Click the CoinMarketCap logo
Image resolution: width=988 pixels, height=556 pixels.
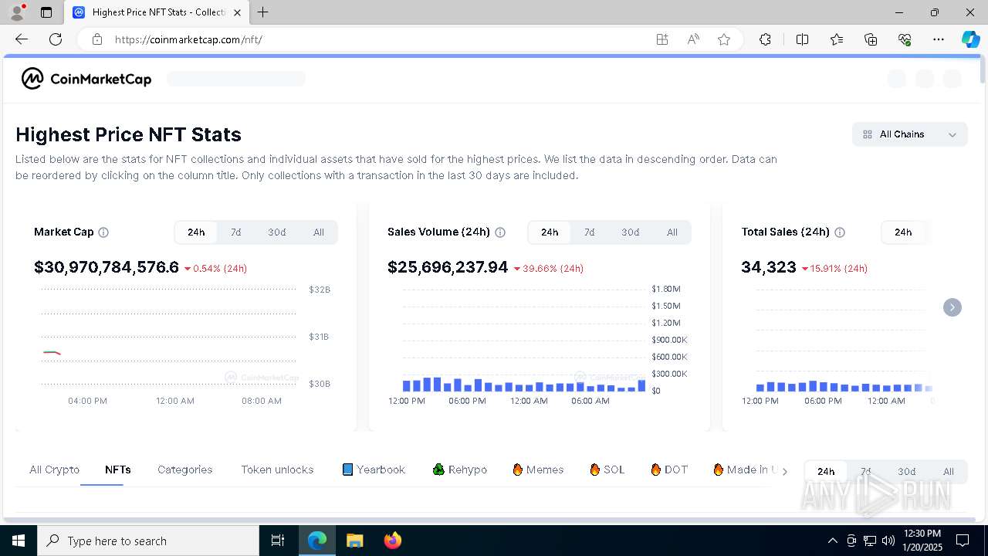(x=86, y=79)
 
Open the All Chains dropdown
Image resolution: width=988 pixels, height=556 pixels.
(x=910, y=134)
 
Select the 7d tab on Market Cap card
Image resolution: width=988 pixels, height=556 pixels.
(x=235, y=232)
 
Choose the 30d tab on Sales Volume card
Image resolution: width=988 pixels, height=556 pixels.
(x=630, y=232)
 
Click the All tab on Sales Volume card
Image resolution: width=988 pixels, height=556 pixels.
(x=672, y=232)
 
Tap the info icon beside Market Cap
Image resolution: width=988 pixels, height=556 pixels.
(x=103, y=232)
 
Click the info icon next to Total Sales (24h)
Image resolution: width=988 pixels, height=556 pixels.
(x=840, y=232)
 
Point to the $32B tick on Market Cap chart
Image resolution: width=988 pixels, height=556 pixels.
(x=320, y=290)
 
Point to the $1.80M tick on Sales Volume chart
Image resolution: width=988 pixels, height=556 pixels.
(x=665, y=289)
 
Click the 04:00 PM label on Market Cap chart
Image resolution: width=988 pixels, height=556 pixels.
(x=87, y=401)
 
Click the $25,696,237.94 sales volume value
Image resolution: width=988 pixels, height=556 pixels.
(x=448, y=267)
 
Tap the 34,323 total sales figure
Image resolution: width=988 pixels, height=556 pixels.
(x=768, y=267)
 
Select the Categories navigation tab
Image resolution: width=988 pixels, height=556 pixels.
(x=184, y=470)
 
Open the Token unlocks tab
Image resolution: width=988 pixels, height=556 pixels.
(x=277, y=470)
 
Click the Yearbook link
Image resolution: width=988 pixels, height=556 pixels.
(x=374, y=470)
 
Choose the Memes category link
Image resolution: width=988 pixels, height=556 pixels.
(x=538, y=470)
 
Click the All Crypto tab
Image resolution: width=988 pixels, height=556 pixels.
(x=54, y=470)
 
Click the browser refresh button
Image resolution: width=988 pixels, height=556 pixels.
(x=56, y=39)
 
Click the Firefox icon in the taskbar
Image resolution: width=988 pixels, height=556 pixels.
(x=393, y=541)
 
